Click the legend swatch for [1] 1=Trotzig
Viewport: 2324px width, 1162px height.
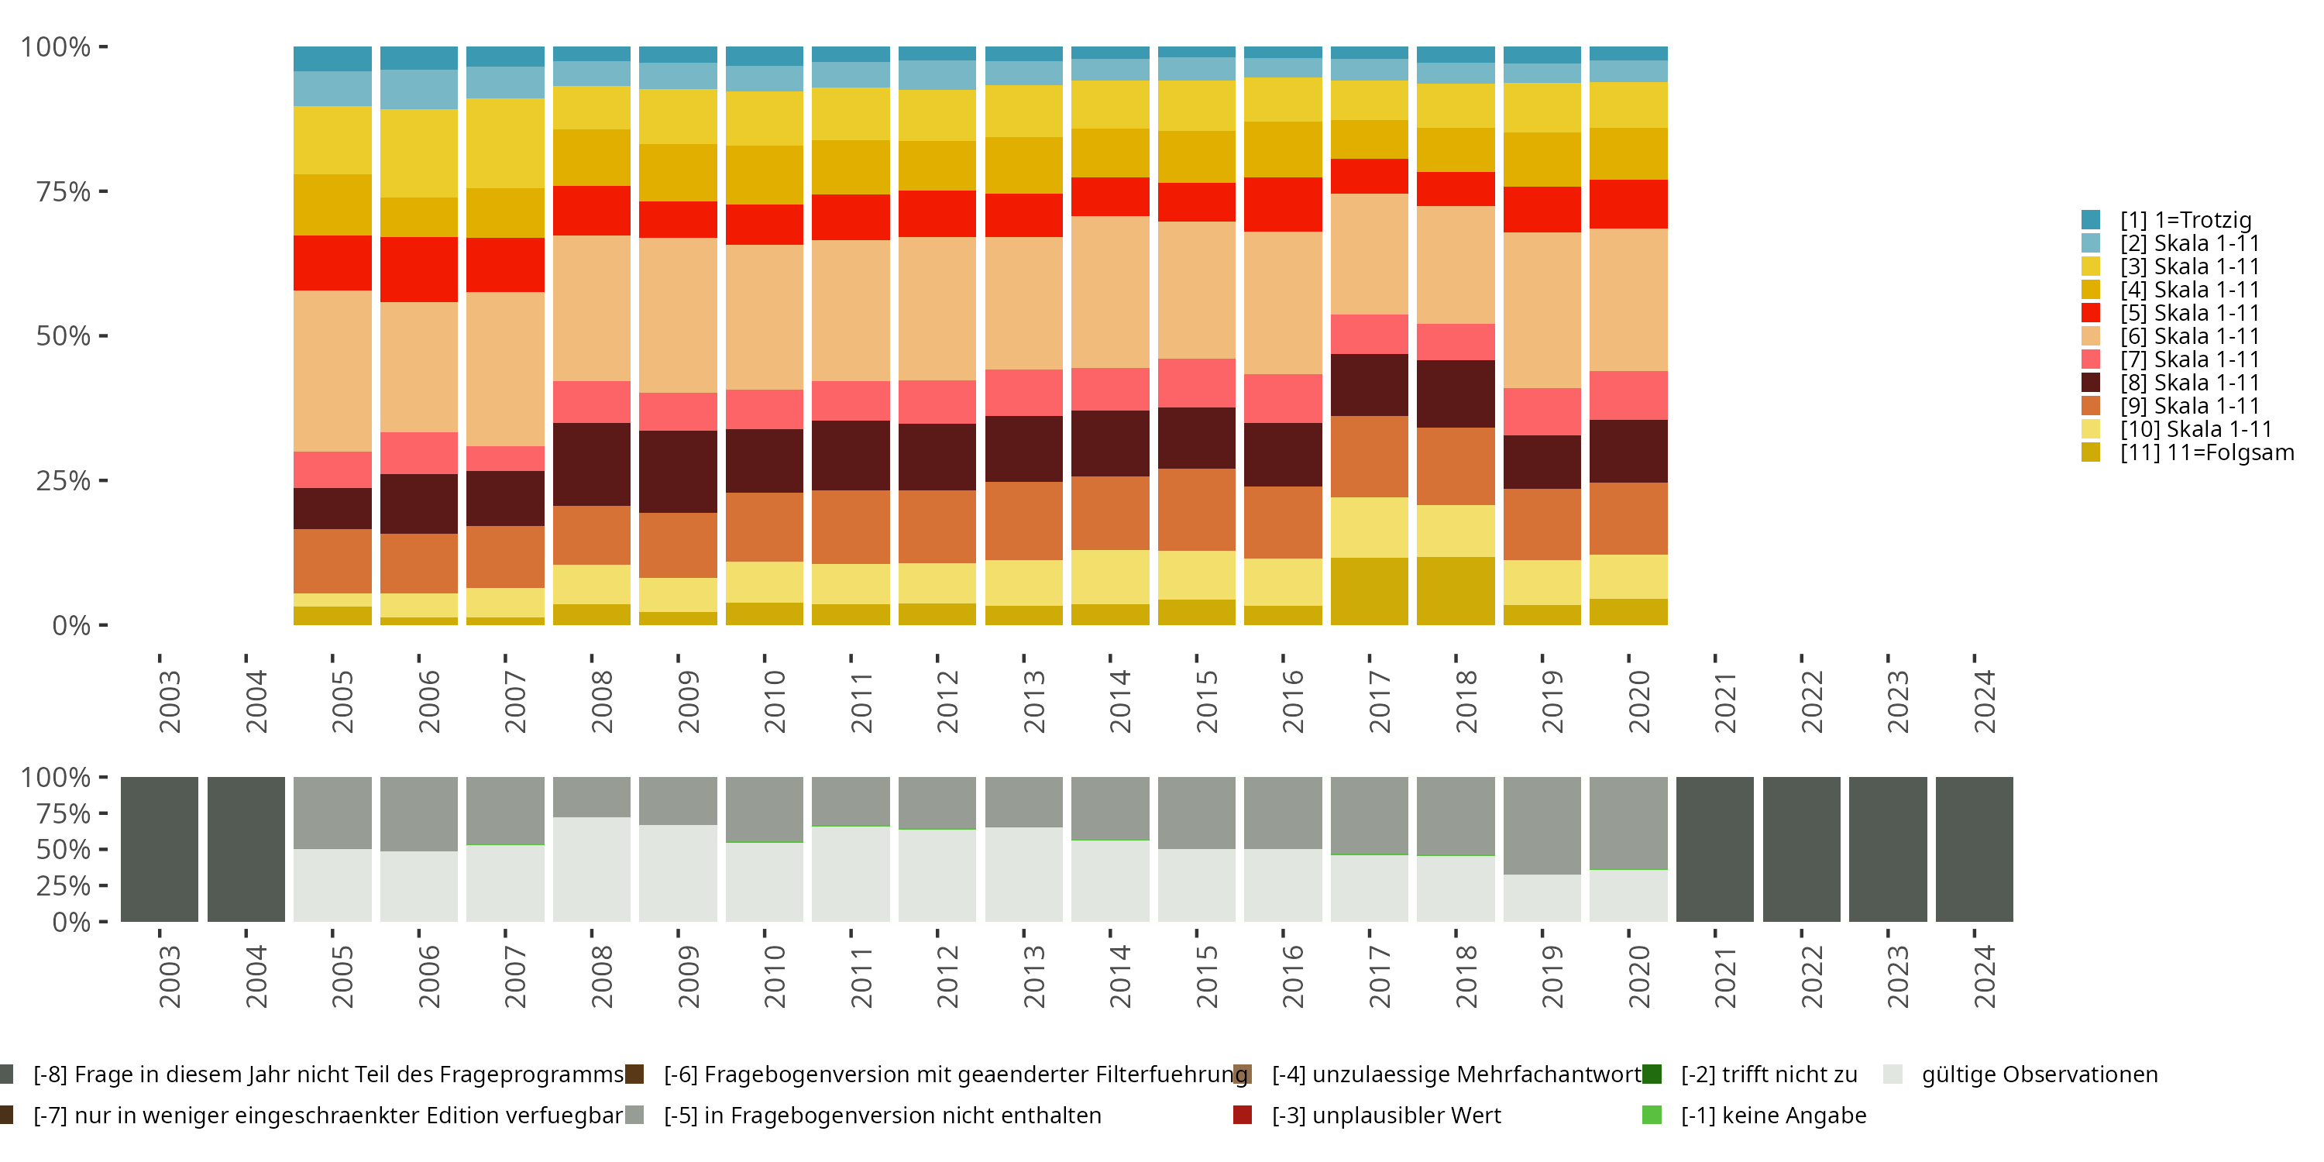[x=2090, y=219]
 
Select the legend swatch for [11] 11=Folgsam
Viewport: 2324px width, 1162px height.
[x=2090, y=452]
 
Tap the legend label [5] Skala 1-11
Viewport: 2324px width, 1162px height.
[x=2189, y=313]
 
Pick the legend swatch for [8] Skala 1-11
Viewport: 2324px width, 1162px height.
[x=2090, y=383]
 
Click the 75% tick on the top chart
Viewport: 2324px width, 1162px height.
[x=64, y=191]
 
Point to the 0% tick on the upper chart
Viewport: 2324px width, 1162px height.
[x=71, y=625]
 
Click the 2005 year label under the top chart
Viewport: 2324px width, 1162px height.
[x=343, y=701]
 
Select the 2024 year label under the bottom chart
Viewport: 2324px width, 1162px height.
[x=1985, y=976]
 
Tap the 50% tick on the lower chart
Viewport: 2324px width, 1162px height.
[x=64, y=850]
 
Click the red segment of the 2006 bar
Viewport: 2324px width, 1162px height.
[x=418, y=269]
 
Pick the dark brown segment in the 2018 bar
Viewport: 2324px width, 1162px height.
[x=1455, y=394]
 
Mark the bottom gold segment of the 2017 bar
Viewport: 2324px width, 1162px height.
[x=1369, y=591]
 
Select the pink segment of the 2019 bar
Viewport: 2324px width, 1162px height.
[x=1542, y=411]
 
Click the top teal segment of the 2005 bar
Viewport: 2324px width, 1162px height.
[x=332, y=59]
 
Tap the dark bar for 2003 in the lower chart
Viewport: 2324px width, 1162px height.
[x=160, y=849]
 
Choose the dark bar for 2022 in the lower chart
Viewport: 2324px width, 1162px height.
[x=1801, y=849]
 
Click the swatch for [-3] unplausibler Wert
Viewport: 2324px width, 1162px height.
[x=1243, y=1115]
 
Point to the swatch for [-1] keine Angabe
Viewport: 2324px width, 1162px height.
[x=1652, y=1115]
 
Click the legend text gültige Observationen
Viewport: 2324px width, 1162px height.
[x=2040, y=1074]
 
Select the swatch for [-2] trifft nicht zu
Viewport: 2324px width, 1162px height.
[x=1652, y=1074]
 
